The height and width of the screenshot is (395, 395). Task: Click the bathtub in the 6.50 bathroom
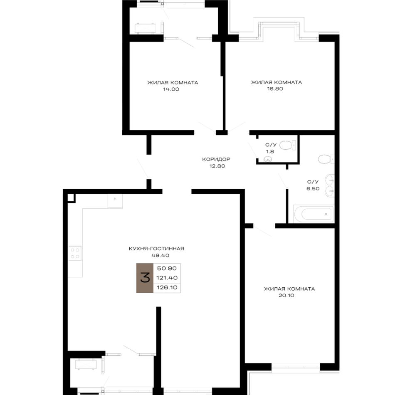tap(314, 214)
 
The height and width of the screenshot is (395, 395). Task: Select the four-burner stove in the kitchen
tap(75, 253)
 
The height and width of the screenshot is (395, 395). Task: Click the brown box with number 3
tap(145, 278)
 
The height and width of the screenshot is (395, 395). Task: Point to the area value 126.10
tap(167, 287)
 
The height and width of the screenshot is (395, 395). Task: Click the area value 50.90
tap(167, 269)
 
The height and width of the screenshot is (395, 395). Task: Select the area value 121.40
tap(167, 278)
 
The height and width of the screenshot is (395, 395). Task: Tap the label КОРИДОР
tap(216, 159)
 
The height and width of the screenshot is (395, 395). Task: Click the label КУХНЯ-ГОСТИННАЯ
tap(156, 249)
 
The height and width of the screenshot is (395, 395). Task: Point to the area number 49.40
tap(160, 255)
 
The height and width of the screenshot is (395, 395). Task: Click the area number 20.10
tap(286, 296)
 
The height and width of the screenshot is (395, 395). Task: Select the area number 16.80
tap(275, 89)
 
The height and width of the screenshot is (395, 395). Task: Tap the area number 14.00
tap(171, 89)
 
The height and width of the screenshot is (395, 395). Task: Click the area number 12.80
tap(217, 166)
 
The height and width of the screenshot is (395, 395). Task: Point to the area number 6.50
tap(313, 188)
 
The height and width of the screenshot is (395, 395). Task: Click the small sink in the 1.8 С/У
tap(268, 159)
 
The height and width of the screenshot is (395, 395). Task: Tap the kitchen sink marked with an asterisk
tap(115, 201)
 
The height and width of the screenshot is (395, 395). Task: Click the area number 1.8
tap(270, 152)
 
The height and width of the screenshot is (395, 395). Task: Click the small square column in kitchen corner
tap(71, 198)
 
